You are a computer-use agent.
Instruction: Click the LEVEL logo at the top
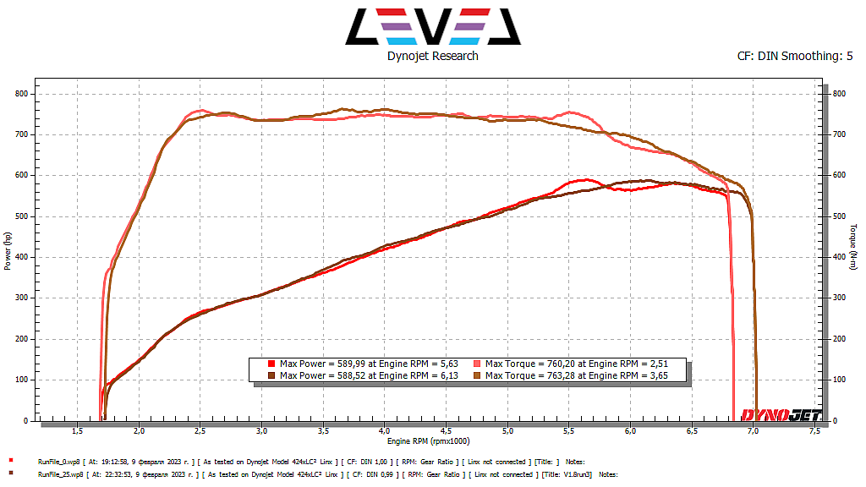coord(432,26)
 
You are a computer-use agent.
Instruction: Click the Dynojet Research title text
coord(432,56)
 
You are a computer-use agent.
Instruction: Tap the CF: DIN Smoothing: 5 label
coord(795,57)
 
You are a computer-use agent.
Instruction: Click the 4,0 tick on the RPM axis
coord(384,431)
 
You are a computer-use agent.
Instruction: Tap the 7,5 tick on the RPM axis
coord(814,431)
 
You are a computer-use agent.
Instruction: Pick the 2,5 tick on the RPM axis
coord(200,431)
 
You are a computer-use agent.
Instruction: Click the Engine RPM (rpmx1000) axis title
coord(429,441)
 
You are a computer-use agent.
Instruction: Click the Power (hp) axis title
coord(8,251)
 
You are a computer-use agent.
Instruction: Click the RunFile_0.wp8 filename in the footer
coord(58,462)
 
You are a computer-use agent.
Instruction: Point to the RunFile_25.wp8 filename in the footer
coord(59,475)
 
